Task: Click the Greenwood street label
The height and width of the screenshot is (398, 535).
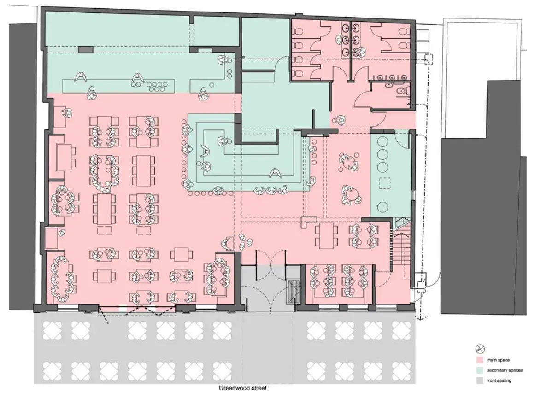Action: coord(242,388)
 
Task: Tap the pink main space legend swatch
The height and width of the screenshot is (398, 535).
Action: coord(480,360)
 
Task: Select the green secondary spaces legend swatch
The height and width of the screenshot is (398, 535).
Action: coord(480,370)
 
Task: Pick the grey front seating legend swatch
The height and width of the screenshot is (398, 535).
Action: coord(480,380)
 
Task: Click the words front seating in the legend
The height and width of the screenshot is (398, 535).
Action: coord(499,380)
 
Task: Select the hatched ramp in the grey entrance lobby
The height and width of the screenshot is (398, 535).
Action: coord(292,291)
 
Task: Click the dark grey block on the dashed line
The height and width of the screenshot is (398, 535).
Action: coord(85,49)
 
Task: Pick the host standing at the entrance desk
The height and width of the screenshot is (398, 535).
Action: coord(227,243)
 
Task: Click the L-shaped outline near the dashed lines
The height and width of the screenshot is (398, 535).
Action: coord(306,222)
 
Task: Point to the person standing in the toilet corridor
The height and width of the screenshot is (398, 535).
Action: coord(340,120)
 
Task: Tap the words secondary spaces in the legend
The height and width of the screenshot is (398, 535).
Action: coord(504,370)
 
